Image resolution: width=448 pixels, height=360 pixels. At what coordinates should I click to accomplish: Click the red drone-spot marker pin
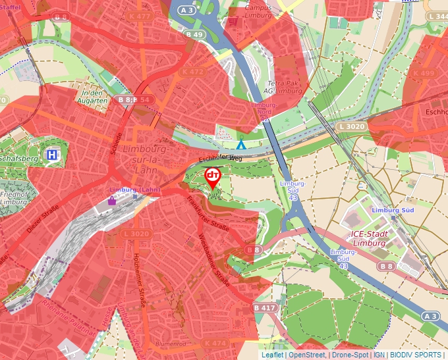213,176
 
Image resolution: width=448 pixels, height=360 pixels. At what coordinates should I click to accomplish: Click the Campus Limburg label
258,11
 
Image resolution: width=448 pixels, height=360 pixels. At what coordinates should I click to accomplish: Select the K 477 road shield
140,16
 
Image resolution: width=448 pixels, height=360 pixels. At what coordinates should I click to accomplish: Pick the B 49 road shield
194,34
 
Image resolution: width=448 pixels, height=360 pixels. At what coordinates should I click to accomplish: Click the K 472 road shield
192,72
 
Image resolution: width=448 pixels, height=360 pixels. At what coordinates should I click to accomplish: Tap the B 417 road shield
264,307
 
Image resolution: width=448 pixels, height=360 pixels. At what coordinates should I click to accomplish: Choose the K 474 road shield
215,343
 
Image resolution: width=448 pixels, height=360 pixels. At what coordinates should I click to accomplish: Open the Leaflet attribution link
272,355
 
